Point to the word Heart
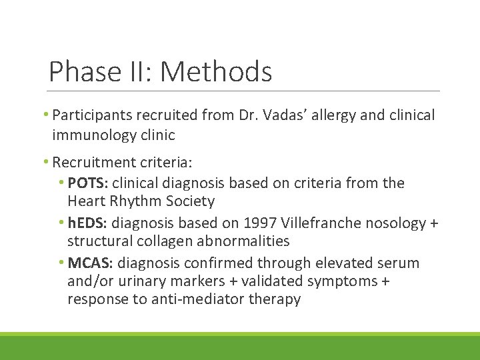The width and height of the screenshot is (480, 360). click(86, 201)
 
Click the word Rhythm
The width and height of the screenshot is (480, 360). click(133, 201)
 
